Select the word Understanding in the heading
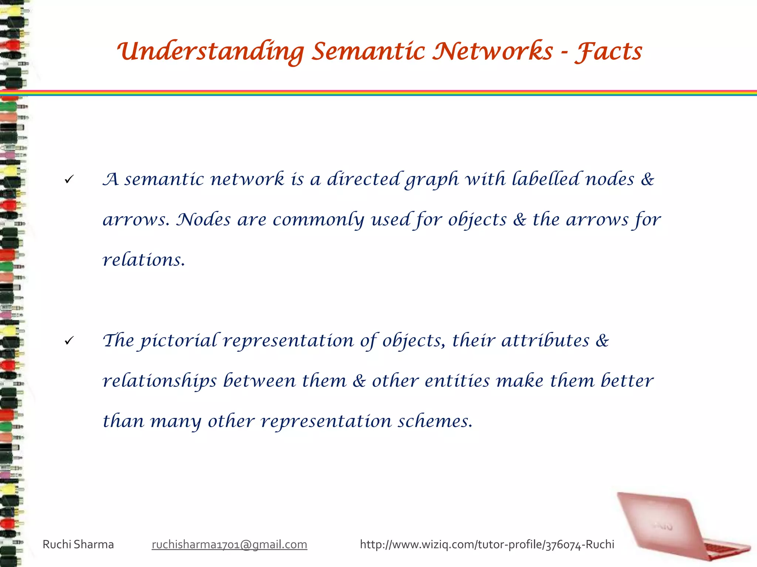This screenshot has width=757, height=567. [x=211, y=52]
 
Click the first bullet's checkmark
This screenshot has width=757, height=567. [x=69, y=180]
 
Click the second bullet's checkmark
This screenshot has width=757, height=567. [x=69, y=341]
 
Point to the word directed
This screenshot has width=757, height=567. [x=363, y=179]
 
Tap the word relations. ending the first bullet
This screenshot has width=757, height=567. [x=143, y=260]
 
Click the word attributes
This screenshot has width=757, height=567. [x=545, y=340]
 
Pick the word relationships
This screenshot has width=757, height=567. [x=160, y=381]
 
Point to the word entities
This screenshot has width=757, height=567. [x=457, y=381]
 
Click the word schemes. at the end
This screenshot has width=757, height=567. [x=435, y=421]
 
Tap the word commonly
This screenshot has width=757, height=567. [x=318, y=220]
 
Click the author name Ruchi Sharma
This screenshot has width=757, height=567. [x=78, y=544]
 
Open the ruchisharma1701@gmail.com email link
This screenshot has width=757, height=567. [x=229, y=544]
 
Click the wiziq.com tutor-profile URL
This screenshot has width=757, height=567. [x=487, y=544]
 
